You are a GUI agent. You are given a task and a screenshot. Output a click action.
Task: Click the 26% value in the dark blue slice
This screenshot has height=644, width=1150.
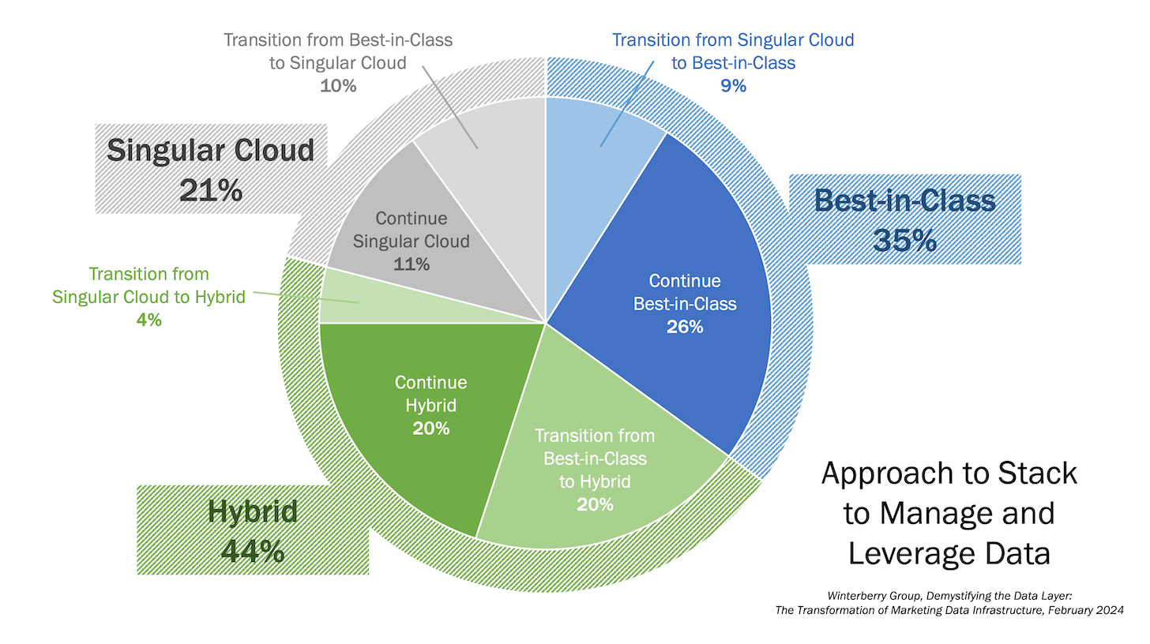coord(685,326)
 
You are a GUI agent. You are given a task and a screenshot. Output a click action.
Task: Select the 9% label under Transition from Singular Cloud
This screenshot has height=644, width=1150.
coord(733,85)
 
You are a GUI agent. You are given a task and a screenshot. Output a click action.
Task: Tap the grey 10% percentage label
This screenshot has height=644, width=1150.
coord(338,85)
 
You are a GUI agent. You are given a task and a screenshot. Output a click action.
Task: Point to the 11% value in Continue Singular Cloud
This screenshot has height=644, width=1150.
coord(412,264)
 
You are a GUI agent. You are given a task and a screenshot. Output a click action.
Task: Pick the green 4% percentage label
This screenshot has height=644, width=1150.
coord(148,320)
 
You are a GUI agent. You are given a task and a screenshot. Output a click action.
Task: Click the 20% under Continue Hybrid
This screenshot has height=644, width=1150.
coord(431,428)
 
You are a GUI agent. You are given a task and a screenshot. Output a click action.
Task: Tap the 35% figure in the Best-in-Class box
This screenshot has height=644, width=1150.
coord(905,239)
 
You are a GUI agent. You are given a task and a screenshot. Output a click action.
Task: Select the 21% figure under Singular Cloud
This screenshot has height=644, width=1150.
coord(211,189)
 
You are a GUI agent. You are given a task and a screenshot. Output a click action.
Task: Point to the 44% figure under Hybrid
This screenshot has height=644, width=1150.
coord(253,550)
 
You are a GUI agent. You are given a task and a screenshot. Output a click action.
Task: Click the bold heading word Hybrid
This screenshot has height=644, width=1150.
coord(253,512)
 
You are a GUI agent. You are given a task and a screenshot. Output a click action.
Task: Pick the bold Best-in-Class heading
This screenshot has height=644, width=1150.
coord(905,200)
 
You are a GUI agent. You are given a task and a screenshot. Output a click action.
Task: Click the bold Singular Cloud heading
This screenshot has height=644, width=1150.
coord(211,150)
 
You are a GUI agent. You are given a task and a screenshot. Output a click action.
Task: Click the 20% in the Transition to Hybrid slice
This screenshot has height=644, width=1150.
coord(595,504)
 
